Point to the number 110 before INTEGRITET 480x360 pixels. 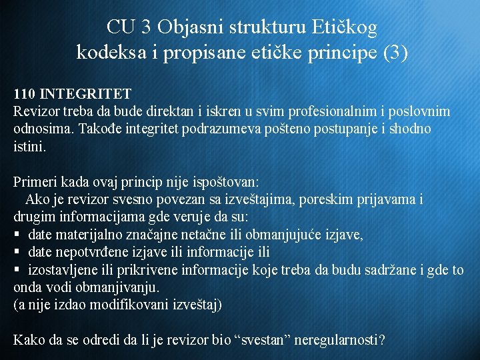click(x=25, y=94)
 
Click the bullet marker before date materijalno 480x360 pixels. click(x=17, y=235)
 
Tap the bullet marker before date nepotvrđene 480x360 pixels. click(x=17, y=253)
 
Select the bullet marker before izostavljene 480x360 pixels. click(x=17, y=270)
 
